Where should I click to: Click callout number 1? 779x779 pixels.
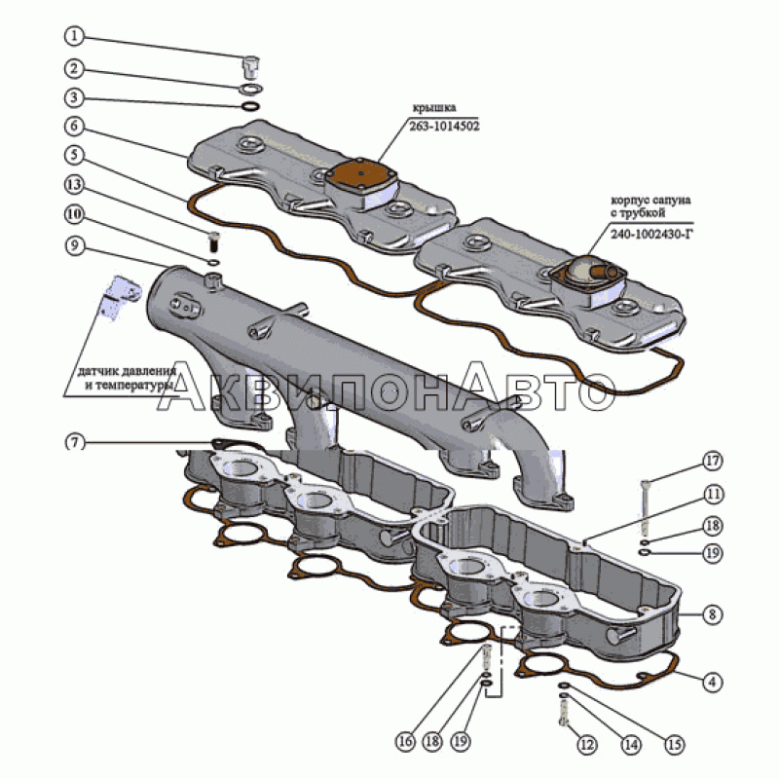click(75, 37)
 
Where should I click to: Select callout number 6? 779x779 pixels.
click(75, 126)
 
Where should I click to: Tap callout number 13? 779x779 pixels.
click(75, 184)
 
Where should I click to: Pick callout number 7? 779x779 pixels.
click(75, 442)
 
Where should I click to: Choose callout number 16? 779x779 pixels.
click(404, 741)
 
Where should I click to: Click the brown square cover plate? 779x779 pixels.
click(361, 176)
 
